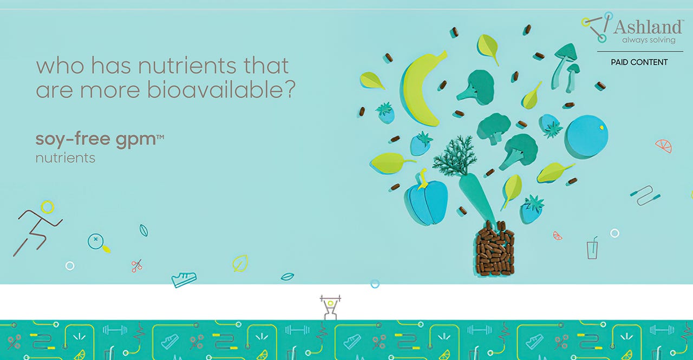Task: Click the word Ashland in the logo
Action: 648,27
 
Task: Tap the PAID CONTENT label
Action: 639,62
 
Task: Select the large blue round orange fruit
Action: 586,136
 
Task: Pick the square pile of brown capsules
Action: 494,248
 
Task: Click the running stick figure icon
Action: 37,228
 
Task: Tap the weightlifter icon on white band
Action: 330,307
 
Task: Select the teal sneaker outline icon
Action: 184,279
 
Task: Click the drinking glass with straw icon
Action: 592,248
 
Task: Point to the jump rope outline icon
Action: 645,195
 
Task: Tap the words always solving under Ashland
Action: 649,40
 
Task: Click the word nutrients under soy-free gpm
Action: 66,158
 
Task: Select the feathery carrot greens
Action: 454,155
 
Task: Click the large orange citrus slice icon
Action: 664,146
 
